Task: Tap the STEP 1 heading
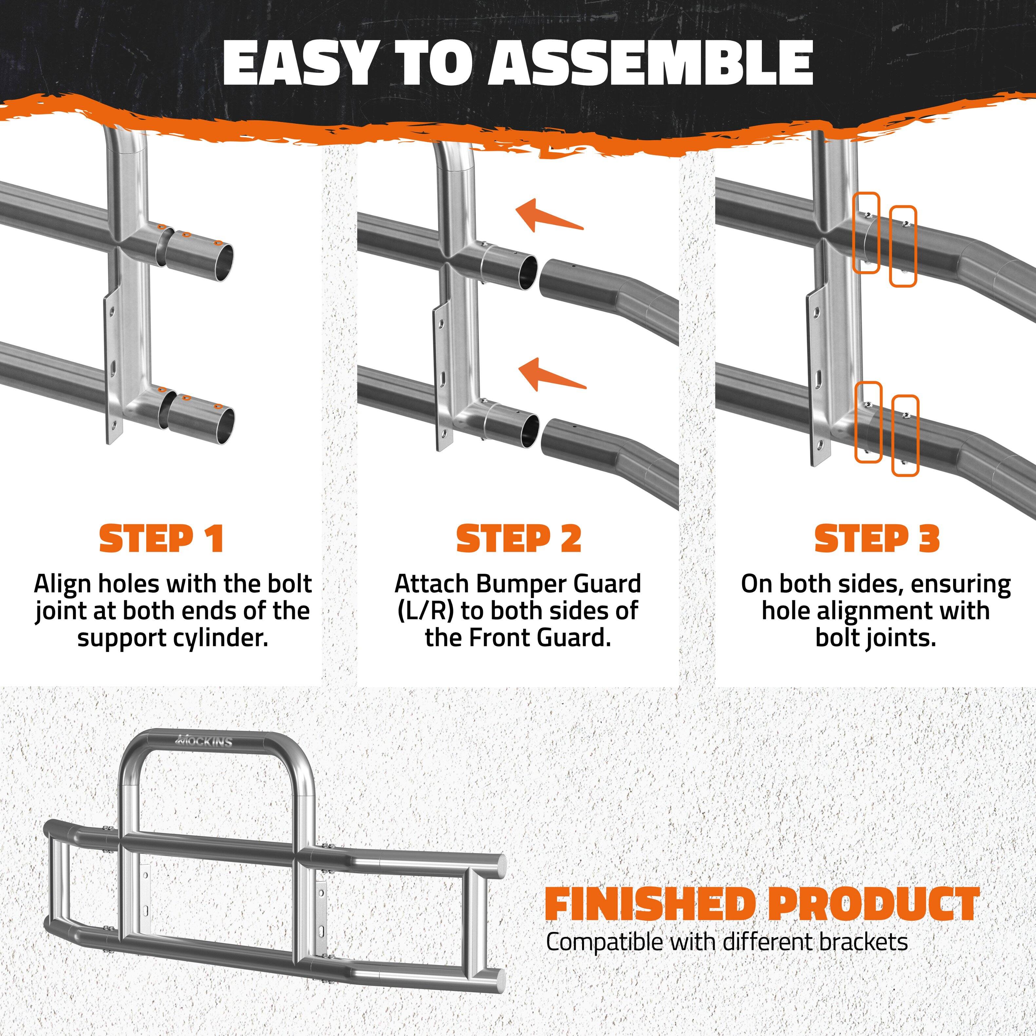tap(161, 539)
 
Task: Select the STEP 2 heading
tap(518, 539)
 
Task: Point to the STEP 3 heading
tap(877, 539)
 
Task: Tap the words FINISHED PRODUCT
tap(762, 904)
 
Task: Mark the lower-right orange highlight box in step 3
tap(905, 435)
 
